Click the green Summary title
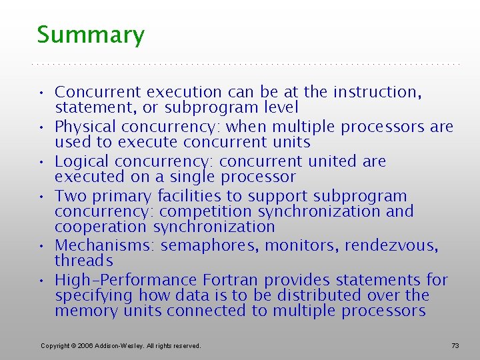(91, 35)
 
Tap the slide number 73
(455, 345)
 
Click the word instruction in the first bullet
(377, 92)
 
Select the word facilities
(189, 196)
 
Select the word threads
(84, 261)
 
